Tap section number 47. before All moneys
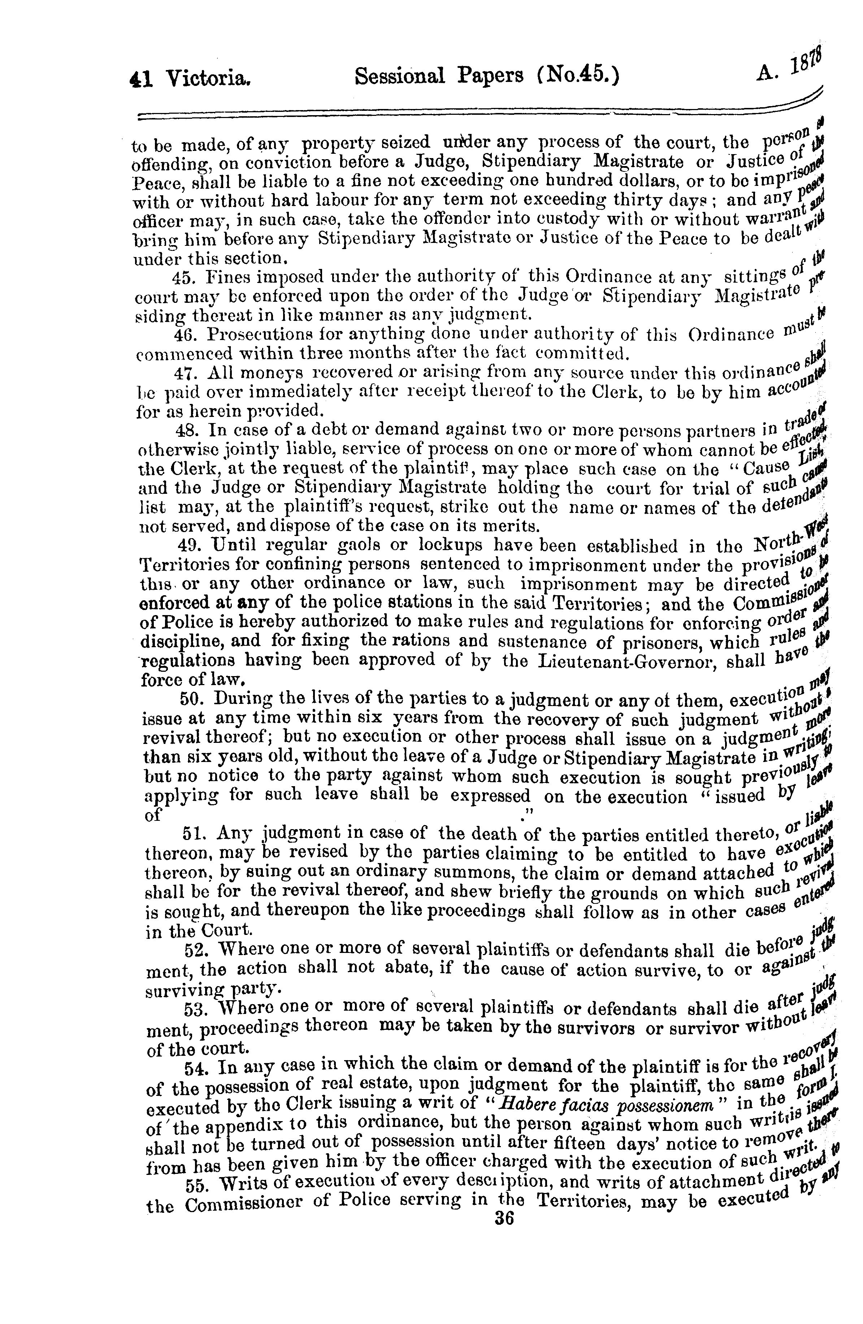tap(185, 373)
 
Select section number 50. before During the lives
tap(192, 698)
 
